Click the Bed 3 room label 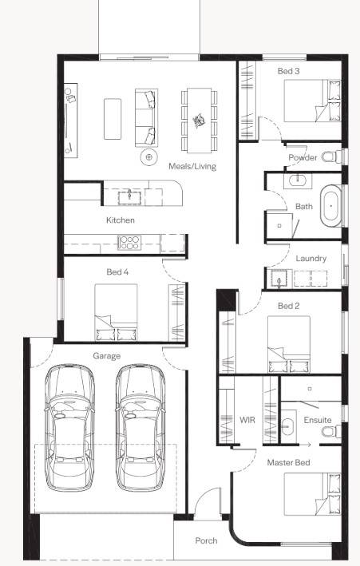click(288, 71)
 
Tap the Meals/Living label click(192, 166)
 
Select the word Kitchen click(121, 220)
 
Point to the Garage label click(106, 355)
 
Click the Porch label click(206, 540)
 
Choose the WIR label click(247, 420)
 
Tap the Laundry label click(311, 259)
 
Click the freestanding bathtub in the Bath click(330, 206)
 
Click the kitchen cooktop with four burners click(129, 242)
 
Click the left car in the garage click(69, 427)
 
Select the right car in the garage click(139, 427)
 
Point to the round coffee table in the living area click(149, 157)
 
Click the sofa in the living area click(145, 117)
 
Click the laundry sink click(279, 278)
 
